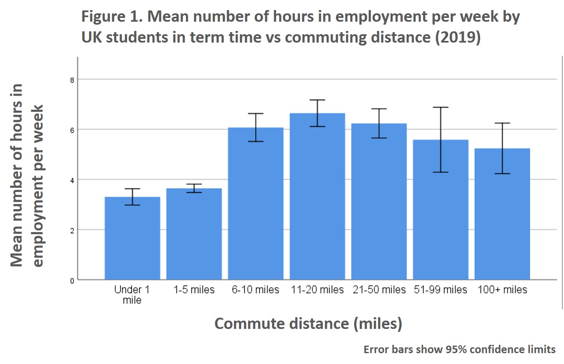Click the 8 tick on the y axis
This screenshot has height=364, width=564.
72,79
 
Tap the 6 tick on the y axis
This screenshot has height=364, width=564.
72,130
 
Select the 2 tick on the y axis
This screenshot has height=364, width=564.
72,230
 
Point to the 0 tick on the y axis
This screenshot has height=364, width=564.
72,281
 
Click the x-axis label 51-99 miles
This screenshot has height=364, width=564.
440,290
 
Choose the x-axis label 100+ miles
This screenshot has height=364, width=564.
502,290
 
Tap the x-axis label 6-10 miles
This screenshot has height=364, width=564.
256,290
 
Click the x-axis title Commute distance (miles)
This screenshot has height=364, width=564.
308,324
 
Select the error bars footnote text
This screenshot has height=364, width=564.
460,349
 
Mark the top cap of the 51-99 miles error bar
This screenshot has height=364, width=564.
441,107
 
